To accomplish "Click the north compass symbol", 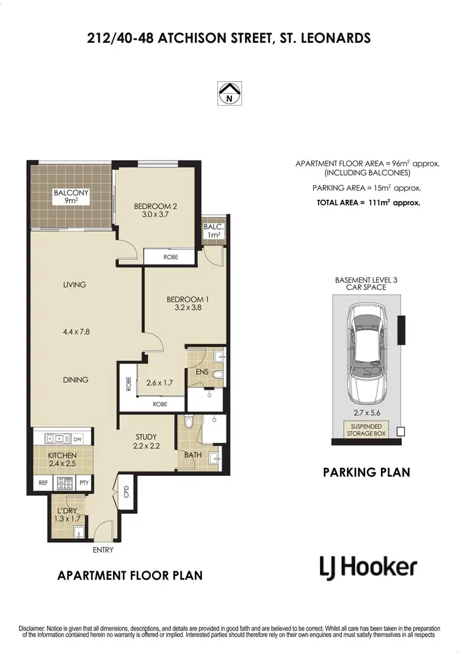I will [x=229, y=93].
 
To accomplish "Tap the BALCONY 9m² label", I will [x=71, y=196].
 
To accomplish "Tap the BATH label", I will [x=192, y=454].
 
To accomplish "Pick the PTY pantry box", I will [x=84, y=483].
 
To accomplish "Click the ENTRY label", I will [x=103, y=550].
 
